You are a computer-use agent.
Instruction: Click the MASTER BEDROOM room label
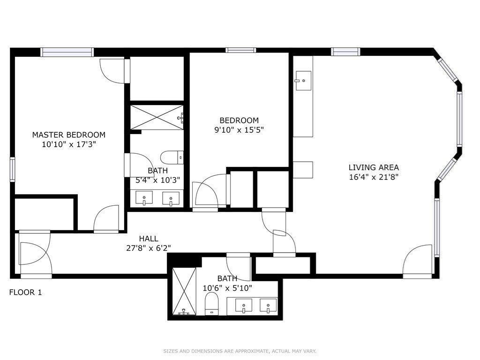69,135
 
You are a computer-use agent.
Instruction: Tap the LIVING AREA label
374,167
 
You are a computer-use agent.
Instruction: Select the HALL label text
149,239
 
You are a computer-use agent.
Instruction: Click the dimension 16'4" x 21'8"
374,177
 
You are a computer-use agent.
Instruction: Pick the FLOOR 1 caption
25,292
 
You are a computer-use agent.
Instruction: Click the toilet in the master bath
172,157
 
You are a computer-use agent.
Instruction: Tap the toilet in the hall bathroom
211,303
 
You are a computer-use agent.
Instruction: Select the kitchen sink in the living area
303,81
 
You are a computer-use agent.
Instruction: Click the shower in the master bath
157,117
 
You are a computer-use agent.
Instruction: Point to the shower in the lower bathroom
184,291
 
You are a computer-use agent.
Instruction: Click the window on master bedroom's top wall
67,52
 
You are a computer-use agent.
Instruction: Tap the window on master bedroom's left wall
12,169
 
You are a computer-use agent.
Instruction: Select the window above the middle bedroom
240,50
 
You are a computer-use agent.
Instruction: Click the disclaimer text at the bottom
240,351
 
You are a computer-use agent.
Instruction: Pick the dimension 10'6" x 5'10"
227,288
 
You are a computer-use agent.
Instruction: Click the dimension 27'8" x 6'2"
149,248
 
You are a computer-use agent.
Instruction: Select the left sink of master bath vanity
144,198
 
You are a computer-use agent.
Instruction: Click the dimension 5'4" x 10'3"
157,180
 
